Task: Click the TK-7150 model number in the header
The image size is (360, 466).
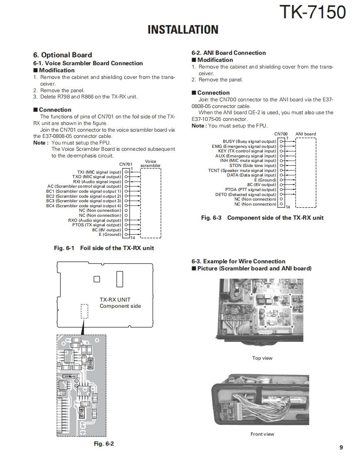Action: point(313,12)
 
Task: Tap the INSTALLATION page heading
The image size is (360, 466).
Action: point(183,30)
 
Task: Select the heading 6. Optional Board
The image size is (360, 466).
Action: point(62,55)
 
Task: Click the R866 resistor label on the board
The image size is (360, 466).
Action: point(90,363)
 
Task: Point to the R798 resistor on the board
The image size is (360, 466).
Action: point(82,412)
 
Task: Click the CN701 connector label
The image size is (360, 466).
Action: point(126,164)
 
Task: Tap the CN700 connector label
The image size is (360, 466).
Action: point(281,134)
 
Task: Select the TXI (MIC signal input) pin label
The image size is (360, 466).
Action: point(99,172)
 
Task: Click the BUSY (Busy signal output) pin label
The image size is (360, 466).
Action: point(249,142)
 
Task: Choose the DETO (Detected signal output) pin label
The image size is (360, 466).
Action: point(246,194)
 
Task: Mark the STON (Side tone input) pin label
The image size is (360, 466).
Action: point(253,165)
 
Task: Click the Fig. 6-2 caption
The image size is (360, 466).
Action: point(104,444)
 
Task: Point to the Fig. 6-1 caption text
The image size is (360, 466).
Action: point(104,248)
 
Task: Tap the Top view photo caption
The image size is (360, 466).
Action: point(262,358)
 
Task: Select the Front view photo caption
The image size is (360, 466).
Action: point(262,434)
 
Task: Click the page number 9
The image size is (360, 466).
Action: point(341,447)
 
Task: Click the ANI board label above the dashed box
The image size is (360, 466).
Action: point(306,134)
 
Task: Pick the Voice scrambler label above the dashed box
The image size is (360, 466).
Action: point(150,164)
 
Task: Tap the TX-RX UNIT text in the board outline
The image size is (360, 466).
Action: point(115,299)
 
